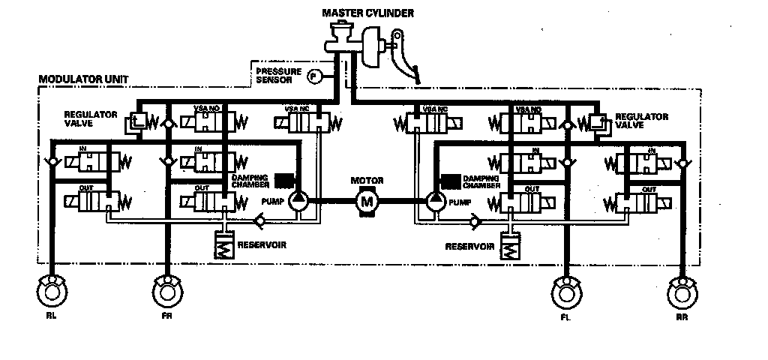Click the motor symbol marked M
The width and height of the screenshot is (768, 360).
pyautogui.click(x=367, y=200)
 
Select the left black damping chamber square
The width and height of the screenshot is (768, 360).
pyautogui.click(x=283, y=179)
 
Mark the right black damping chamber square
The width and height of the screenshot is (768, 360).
pyautogui.click(x=450, y=179)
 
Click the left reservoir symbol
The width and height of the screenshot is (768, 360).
pyautogui.click(x=223, y=245)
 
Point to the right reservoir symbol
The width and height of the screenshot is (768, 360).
pyautogui.click(x=510, y=247)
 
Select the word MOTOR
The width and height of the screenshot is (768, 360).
pyautogui.click(x=367, y=181)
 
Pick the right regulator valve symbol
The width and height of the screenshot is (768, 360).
pyautogui.click(x=598, y=121)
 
